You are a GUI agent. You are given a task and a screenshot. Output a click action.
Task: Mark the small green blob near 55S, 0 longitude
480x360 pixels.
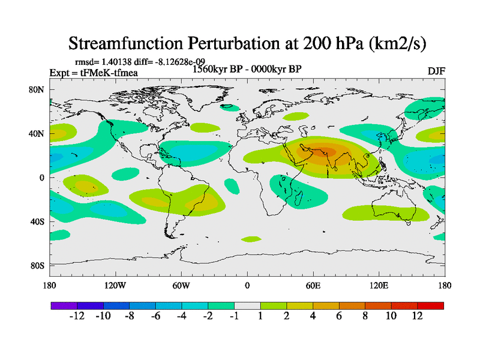tap(251, 239)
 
